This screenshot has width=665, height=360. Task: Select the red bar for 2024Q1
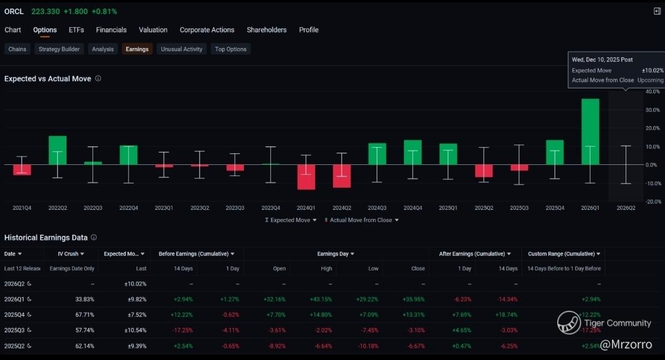pos(306,177)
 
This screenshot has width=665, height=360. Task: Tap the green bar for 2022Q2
pos(57,150)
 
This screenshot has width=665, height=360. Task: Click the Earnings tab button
pos(137,49)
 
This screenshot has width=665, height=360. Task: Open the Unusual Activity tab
pos(182,49)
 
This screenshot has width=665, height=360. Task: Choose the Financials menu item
pos(111,30)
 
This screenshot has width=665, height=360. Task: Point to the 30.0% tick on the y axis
pos(653,110)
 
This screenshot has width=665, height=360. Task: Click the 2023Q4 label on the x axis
pos(270,208)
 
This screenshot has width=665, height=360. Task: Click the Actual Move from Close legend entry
pos(361,220)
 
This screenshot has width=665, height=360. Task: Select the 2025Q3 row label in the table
pos(15,330)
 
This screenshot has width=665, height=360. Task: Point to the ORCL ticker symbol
pos(14,12)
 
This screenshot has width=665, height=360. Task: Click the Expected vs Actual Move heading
pos(47,79)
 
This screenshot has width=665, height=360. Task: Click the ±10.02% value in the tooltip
pos(652,71)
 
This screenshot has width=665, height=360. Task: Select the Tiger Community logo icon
pos(569,322)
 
